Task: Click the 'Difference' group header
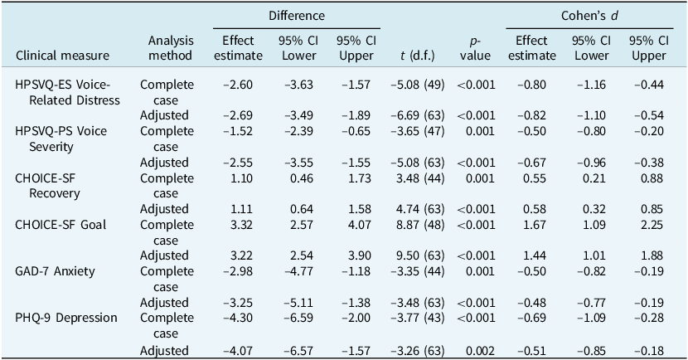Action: (x=297, y=16)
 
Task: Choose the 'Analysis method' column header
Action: (x=171, y=48)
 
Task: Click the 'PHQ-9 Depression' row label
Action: (x=65, y=318)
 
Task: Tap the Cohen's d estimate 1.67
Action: (x=531, y=224)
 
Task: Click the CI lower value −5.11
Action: (x=297, y=303)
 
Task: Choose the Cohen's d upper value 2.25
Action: (x=648, y=224)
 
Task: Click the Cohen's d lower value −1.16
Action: (x=589, y=85)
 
